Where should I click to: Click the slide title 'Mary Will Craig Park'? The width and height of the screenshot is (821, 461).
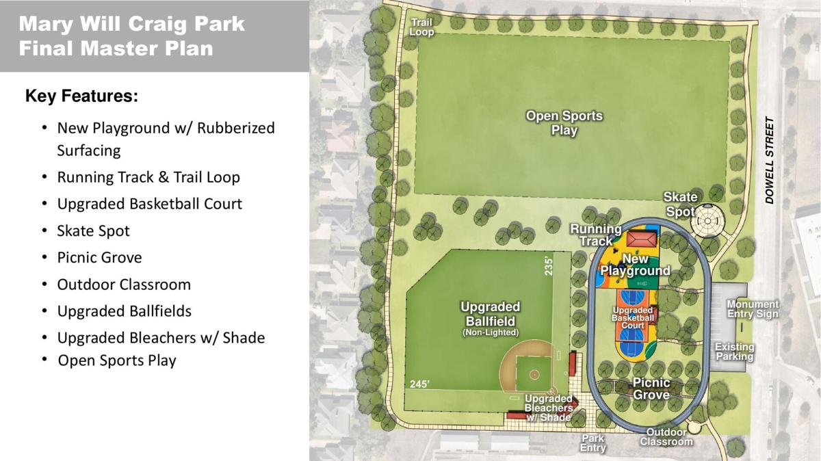pyautogui.click(x=132, y=25)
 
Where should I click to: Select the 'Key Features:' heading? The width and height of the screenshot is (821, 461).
pyautogui.click(x=82, y=96)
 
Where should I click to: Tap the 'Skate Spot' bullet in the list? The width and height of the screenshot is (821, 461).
pyautogui.click(x=93, y=230)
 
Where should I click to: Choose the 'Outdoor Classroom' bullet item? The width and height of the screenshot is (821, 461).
pyautogui.click(x=124, y=284)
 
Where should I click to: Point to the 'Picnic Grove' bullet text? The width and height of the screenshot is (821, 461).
pyautogui.click(x=99, y=257)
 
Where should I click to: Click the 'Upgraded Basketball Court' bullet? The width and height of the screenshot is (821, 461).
pyautogui.click(x=149, y=204)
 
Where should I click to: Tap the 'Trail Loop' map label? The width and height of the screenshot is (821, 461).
pyautogui.click(x=421, y=27)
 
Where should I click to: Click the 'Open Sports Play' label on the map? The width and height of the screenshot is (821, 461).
pyautogui.click(x=564, y=123)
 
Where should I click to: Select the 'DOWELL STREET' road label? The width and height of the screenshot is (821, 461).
pyautogui.click(x=770, y=161)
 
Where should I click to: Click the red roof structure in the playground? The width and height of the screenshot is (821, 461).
pyautogui.click(x=641, y=239)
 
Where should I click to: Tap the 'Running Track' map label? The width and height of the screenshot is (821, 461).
pyautogui.click(x=596, y=235)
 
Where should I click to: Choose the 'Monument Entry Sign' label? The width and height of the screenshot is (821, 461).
pyautogui.click(x=753, y=309)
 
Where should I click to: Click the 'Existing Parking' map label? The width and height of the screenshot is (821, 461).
pyautogui.click(x=734, y=352)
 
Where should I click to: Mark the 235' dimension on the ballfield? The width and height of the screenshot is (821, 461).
pyautogui.click(x=548, y=265)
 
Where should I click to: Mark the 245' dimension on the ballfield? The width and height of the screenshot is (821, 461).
pyautogui.click(x=419, y=384)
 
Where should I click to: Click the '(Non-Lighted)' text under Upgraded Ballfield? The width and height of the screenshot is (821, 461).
pyautogui.click(x=490, y=332)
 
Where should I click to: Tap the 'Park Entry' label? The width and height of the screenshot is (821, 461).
pyautogui.click(x=593, y=443)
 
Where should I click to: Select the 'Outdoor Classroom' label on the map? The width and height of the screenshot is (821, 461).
pyautogui.click(x=666, y=437)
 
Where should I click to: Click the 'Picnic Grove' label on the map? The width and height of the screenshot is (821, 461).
pyautogui.click(x=651, y=388)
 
